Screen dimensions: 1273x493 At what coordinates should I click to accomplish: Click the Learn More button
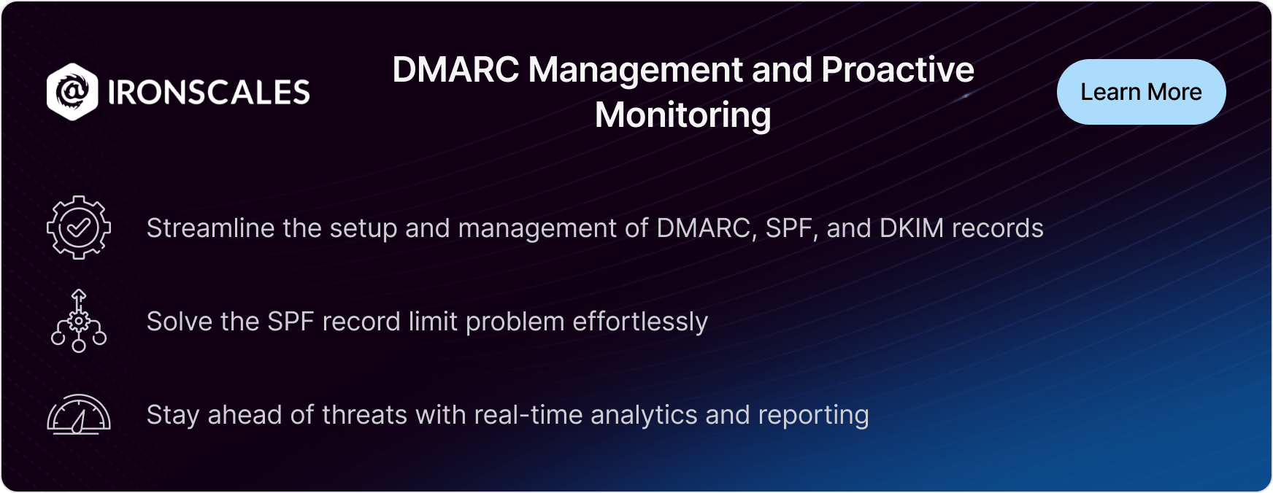1141,92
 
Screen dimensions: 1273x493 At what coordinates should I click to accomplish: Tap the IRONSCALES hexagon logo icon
72,92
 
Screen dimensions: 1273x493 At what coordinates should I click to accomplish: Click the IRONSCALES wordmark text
209,93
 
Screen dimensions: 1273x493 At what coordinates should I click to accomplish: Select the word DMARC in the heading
455,70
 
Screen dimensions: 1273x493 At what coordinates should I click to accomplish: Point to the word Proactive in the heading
898,70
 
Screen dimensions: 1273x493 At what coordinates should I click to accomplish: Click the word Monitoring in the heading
682,115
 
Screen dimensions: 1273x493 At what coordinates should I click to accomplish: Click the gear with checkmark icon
79,228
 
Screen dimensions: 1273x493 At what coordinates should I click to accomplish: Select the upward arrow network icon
79,321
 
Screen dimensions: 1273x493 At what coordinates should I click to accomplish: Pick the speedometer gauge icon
79,414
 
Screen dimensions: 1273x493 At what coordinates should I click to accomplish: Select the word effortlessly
640,322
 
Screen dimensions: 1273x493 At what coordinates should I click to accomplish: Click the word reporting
814,416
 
